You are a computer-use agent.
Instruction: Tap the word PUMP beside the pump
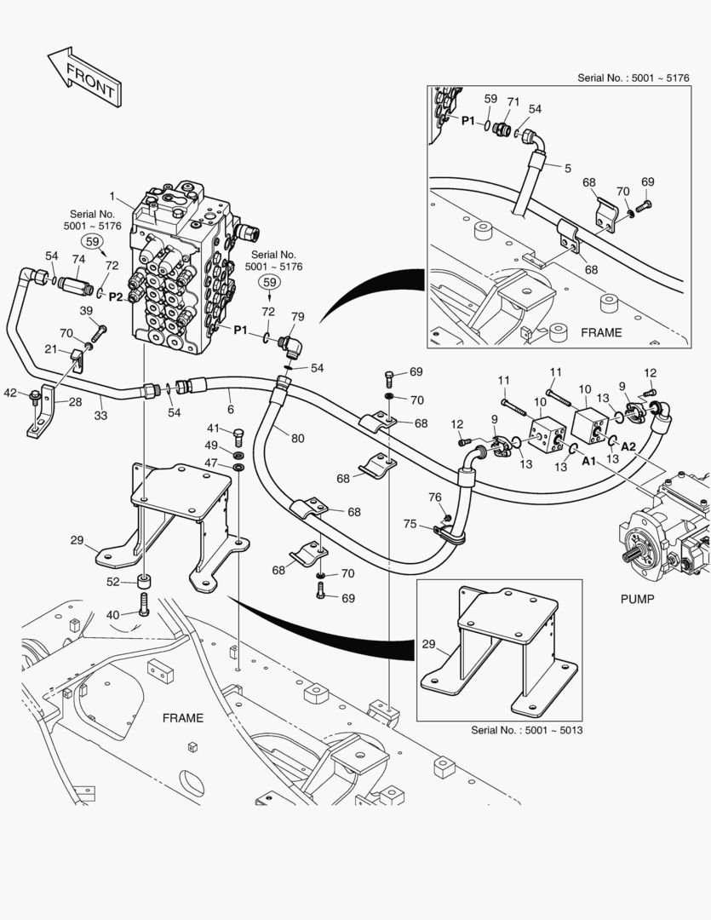coord(637,599)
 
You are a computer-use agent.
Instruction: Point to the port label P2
coord(116,296)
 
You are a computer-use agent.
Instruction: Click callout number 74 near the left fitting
coord(78,260)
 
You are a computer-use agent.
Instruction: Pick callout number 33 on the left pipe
coord(101,416)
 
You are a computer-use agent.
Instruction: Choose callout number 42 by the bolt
coord(9,393)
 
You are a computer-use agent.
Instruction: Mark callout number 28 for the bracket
coord(75,401)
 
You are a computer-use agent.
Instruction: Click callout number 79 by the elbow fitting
coord(297,318)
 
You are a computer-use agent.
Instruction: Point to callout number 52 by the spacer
coord(112,582)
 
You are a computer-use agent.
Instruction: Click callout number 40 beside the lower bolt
coord(112,614)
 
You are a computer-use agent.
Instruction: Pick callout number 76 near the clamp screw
coord(434,497)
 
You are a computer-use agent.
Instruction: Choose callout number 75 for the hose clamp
coord(410,525)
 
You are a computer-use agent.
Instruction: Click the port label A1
coord(588,461)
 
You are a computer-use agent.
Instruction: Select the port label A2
coord(628,446)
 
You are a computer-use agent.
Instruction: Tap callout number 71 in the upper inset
coord(513,102)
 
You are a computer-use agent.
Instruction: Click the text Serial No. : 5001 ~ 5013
coord(526,730)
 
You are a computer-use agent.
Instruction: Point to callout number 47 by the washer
coord(210,462)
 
